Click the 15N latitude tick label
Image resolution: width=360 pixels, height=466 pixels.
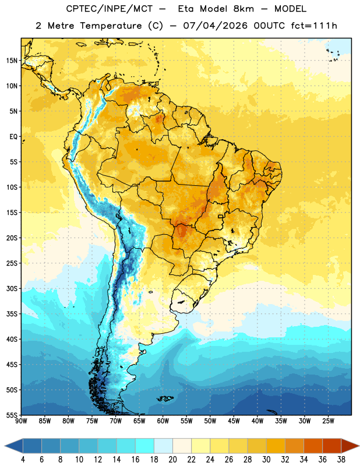(12, 61)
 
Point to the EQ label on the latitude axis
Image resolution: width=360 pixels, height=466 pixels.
(13, 137)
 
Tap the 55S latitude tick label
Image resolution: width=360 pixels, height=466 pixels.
(12, 415)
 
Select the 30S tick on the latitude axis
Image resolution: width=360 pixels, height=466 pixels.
(12, 288)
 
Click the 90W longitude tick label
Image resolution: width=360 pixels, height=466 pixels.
(21, 421)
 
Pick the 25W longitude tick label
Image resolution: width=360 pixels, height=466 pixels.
(328, 421)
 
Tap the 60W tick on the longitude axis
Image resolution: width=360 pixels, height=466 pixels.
(163, 421)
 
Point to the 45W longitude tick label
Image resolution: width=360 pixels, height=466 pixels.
(234, 421)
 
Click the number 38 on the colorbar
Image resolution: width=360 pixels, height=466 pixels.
(341, 460)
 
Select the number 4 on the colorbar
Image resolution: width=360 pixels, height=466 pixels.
(23, 460)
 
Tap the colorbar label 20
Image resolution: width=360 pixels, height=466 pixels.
(172, 460)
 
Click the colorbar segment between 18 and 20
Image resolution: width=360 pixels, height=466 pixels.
(164, 446)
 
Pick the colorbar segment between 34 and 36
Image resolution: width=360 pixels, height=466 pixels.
(313, 446)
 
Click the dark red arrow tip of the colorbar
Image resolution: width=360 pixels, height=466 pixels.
(351, 446)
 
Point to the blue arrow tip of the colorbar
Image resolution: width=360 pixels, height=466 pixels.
(12, 446)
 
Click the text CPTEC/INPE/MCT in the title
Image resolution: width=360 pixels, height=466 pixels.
(109, 9)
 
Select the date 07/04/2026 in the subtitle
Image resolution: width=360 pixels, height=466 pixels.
(216, 26)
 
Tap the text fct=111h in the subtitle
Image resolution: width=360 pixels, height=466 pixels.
(314, 26)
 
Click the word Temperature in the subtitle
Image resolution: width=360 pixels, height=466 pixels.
(111, 26)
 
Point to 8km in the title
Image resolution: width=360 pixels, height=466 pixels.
(243, 9)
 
